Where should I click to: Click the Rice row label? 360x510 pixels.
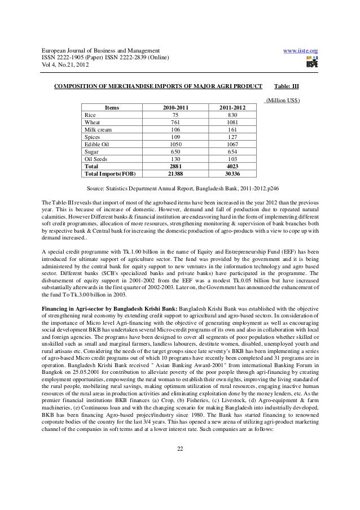pyautogui.click(x=90, y=114)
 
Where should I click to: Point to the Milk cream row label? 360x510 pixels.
pyautogui.click(x=98, y=129)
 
